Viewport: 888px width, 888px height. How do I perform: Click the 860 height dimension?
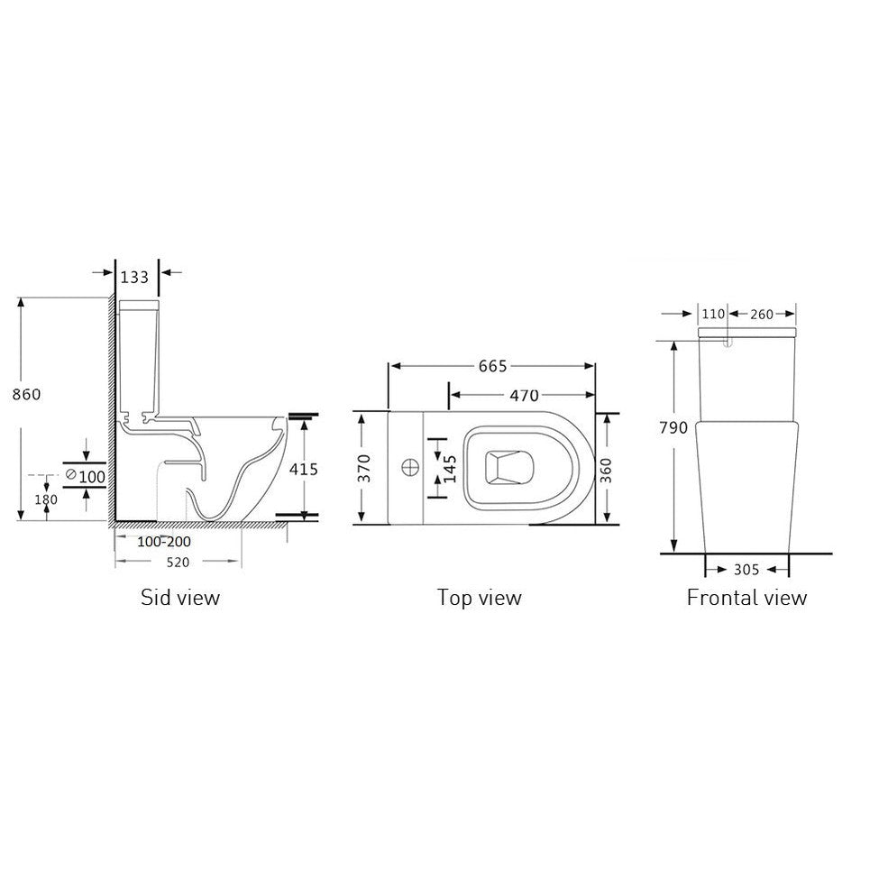(25, 394)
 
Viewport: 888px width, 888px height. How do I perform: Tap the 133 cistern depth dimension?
(134, 276)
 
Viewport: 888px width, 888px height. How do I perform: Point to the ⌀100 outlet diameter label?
(86, 475)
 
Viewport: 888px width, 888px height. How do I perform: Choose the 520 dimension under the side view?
(177, 562)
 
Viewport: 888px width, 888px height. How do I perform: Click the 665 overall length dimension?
(492, 366)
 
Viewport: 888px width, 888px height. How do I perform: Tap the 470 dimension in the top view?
(524, 395)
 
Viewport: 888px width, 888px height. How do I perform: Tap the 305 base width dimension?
(746, 570)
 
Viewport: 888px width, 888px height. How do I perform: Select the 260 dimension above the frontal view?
(762, 315)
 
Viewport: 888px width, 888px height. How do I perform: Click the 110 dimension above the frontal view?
(713, 315)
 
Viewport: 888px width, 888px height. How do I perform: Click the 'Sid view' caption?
(180, 597)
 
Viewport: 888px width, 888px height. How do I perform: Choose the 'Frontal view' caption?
(746, 597)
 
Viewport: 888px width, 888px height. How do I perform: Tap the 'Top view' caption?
(479, 597)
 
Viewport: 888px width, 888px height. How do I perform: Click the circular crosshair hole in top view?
(409, 467)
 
